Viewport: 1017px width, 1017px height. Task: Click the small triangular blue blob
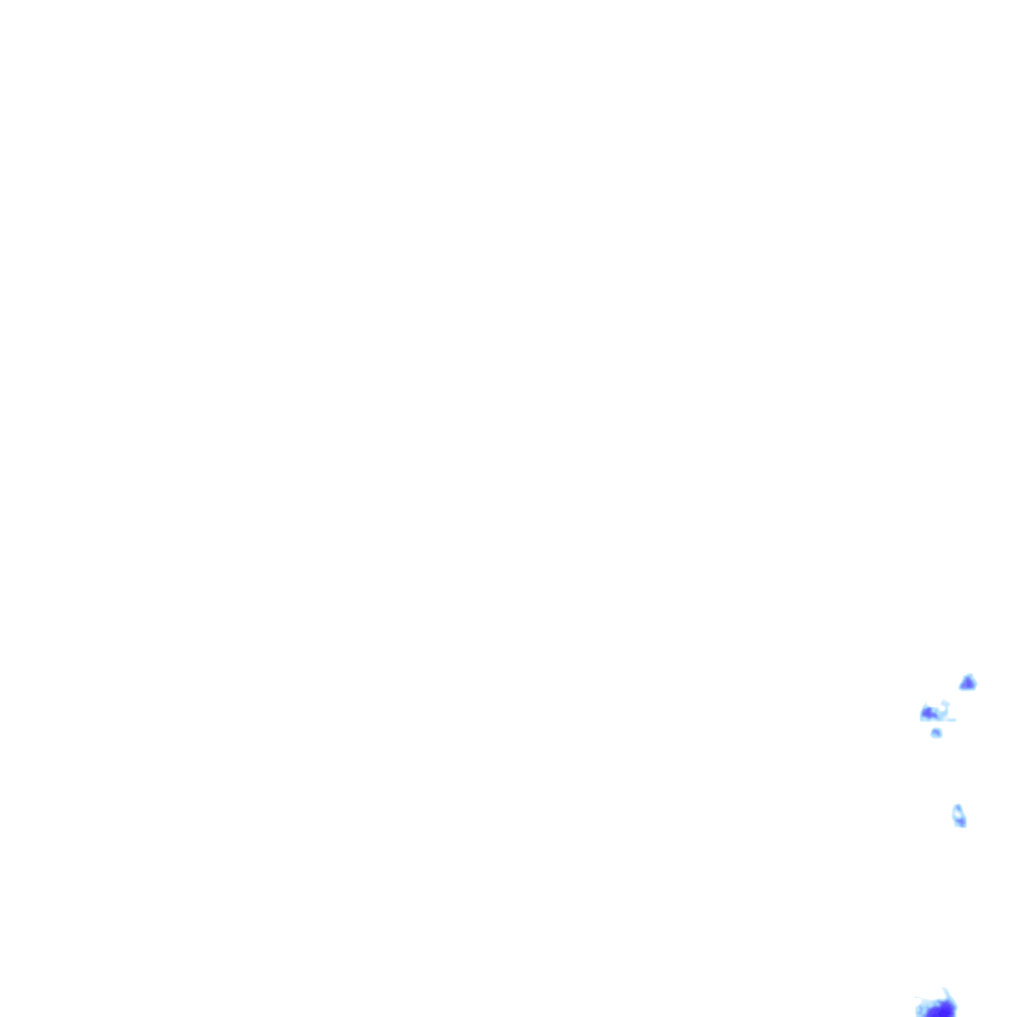(967, 683)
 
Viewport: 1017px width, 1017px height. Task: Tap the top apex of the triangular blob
(969, 675)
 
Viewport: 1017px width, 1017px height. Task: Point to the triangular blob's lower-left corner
(960, 688)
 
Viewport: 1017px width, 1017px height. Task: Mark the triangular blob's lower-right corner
(975, 687)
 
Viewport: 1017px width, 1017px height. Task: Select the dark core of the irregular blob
(928, 713)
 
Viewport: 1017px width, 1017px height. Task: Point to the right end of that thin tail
(955, 720)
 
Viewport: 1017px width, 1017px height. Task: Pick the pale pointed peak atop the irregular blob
(926, 702)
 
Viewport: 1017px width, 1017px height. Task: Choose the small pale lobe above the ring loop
(944, 702)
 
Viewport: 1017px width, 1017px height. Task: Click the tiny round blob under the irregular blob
(937, 733)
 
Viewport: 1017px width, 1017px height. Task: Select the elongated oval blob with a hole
(958, 816)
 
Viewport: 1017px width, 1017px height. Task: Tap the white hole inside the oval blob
(957, 814)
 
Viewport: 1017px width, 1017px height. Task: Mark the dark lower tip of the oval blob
(962, 824)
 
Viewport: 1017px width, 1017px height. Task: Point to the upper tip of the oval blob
(957, 805)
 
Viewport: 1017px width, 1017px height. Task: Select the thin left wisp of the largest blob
(917, 997)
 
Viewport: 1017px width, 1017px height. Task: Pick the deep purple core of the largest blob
(942, 1011)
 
